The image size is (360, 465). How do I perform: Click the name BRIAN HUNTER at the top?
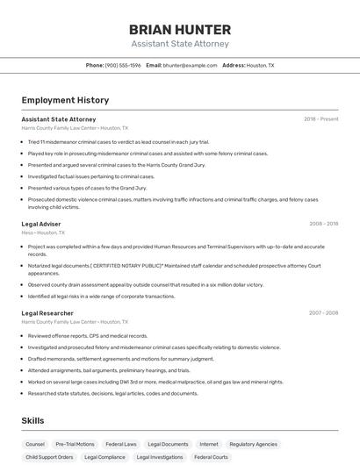[x=180, y=29]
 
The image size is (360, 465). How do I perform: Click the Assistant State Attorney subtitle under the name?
[x=180, y=44]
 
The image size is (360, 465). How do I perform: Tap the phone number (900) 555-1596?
[x=123, y=65]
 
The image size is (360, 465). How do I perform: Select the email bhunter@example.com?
[x=191, y=65]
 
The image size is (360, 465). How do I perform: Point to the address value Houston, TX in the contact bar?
[x=260, y=65]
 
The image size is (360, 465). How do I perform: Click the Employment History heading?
[x=65, y=100]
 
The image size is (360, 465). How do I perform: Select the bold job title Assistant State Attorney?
[x=59, y=118]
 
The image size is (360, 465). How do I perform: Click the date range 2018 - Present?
[x=320, y=118]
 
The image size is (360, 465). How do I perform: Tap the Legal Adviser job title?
[x=41, y=224]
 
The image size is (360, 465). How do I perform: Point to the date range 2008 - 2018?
[x=323, y=224]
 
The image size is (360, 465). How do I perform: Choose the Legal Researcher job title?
[x=47, y=313]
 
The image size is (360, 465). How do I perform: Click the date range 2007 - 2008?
[x=323, y=313]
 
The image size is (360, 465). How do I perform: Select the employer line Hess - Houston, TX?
[x=43, y=232]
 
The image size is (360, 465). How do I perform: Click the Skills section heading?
[x=32, y=421]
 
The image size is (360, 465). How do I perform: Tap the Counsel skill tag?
[x=35, y=444]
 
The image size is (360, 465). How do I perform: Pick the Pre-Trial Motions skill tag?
[x=75, y=444]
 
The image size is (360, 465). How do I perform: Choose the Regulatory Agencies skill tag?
[x=254, y=444]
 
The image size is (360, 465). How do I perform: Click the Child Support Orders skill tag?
[x=49, y=457]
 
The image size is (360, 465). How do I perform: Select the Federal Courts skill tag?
[x=211, y=457]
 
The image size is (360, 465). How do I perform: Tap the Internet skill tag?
[x=209, y=444]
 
